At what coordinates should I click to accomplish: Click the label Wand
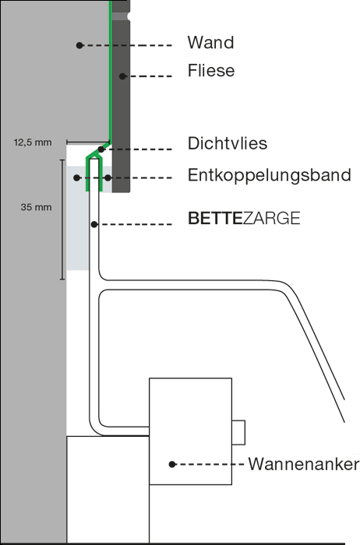click(x=210, y=42)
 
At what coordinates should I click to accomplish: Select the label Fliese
click(x=211, y=71)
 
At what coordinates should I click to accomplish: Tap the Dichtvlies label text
click(x=228, y=143)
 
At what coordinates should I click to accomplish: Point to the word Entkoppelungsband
click(x=269, y=175)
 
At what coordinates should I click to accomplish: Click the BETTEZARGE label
click(x=244, y=218)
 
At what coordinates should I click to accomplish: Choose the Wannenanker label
click(x=303, y=464)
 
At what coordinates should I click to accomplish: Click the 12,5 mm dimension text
click(x=33, y=142)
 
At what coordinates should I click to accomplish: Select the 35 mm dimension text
click(x=36, y=207)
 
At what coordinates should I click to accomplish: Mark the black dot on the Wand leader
click(x=79, y=45)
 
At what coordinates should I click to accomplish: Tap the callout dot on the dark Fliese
click(x=122, y=76)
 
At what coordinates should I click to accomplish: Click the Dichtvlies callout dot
click(x=101, y=149)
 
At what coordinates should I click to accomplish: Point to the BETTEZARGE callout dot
click(x=94, y=224)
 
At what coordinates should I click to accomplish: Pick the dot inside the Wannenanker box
click(x=172, y=464)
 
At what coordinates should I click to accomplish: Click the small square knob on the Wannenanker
click(x=238, y=432)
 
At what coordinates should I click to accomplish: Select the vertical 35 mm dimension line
click(x=62, y=220)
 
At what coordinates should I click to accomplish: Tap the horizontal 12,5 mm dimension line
click(x=88, y=142)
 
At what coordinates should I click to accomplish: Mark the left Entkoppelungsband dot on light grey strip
click(x=76, y=178)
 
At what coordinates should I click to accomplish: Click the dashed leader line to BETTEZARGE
click(x=135, y=224)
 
